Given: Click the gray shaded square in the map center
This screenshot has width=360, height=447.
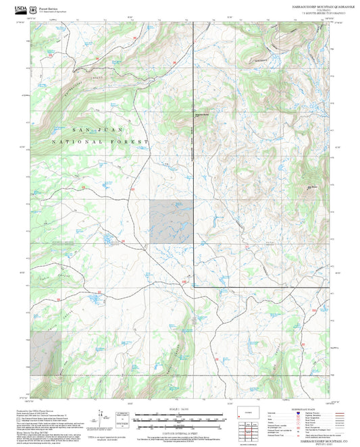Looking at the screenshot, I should [171, 221].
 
